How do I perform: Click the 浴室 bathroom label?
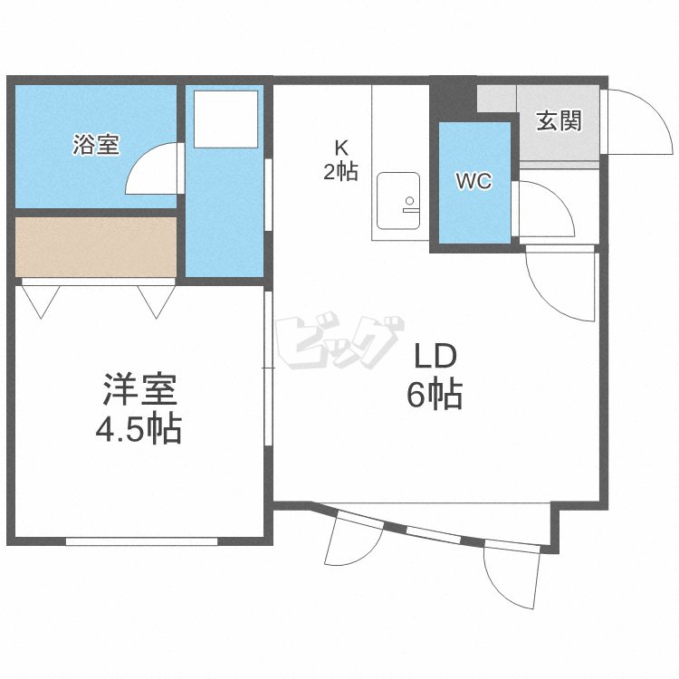pyautogui.click(x=95, y=145)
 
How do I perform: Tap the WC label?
pyautogui.click(x=473, y=182)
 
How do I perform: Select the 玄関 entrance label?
pyautogui.click(x=558, y=120)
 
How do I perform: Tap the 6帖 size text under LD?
pyautogui.click(x=435, y=395)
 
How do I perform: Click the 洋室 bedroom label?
pyautogui.click(x=139, y=389)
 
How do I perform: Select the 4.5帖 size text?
pyautogui.click(x=139, y=428)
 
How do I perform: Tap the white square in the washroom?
pyautogui.click(x=224, y=118)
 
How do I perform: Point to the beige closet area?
pyautogui.click(x=95, y=245)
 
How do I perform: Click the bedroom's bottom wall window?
pyautogui.click(x=142, y=541)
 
